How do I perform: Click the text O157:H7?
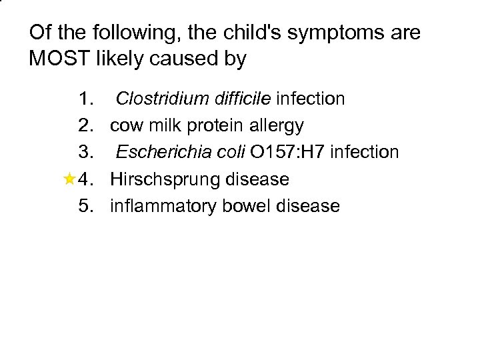(x=288, y=153)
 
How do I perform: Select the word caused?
(x=190, y=59)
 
